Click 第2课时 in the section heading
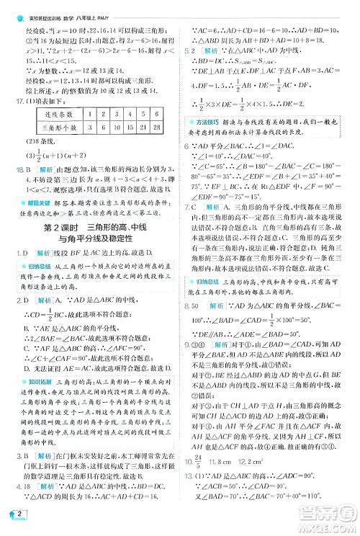[x=58, y=228]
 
